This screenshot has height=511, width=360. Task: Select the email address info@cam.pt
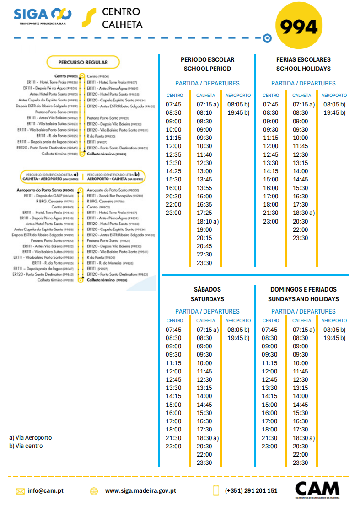pos(45,490)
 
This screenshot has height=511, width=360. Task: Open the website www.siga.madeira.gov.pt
pos(140,490)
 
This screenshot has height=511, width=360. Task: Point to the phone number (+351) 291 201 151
pos(251,490)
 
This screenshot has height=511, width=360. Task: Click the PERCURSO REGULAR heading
pos(83,62)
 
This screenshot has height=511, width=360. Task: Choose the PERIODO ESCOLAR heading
pos(207,59)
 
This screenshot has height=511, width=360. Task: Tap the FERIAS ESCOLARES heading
pos(303,59)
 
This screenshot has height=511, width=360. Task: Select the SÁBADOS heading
pos(207,289)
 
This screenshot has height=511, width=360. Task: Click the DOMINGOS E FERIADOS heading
pos(303,289)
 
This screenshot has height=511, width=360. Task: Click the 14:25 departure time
pos(173,171)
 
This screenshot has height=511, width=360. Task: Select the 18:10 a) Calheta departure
pos(208,221)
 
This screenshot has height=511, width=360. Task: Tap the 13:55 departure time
pos(204,188)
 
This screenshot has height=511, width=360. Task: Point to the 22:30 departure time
pos(204,255)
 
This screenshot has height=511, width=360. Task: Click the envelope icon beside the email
pos(20,491)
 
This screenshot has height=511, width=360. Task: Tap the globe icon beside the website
pos(94,491)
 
